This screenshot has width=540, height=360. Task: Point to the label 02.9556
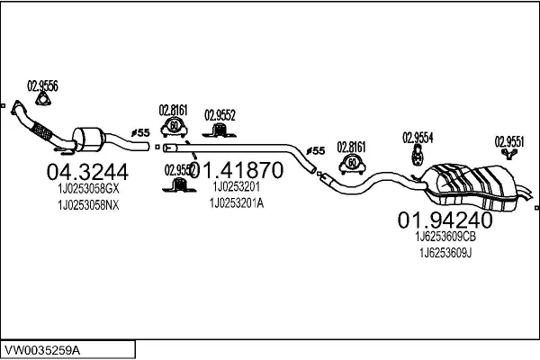42,85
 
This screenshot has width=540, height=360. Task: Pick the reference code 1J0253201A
237,202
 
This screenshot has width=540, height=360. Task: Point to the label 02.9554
418,137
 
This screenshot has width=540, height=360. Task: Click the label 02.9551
509,140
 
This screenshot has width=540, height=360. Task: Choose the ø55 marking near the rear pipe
315,150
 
